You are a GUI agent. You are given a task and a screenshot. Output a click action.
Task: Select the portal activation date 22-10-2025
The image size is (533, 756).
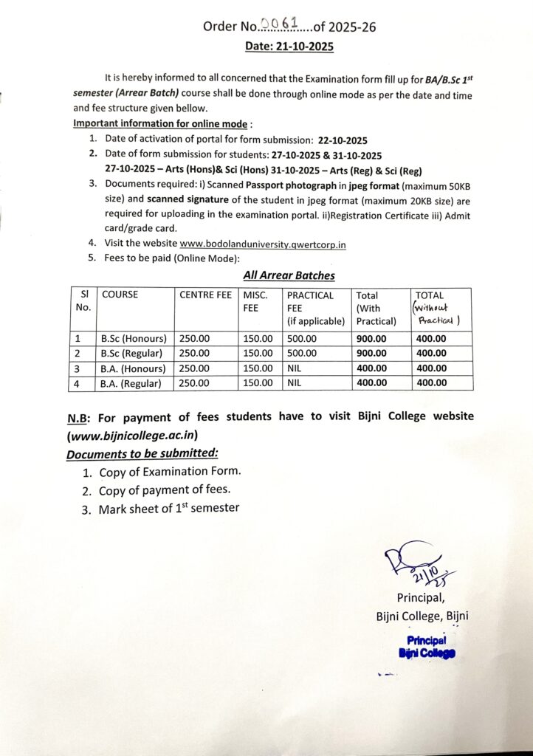[x=343, y=140]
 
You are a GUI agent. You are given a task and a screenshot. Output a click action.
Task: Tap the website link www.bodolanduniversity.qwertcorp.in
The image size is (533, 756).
[x=264, y=243]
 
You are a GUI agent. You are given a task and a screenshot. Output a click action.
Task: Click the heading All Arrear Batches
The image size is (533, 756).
[x=289, y=275]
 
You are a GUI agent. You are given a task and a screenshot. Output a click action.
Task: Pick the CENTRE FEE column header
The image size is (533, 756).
[x=205, y=295]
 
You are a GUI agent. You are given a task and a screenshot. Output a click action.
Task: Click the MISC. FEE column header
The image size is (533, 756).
[x=255, y=301]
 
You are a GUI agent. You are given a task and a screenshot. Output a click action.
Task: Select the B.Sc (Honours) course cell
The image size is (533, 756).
[x=134, y=339]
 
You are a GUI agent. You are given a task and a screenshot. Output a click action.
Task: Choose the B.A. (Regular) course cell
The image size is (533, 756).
[x=133, y=383]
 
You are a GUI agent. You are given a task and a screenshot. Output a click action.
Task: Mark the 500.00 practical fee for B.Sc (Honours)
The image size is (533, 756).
[x=302, y=339]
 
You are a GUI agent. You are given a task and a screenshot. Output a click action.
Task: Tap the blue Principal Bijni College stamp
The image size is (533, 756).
[x=427, y=647]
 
